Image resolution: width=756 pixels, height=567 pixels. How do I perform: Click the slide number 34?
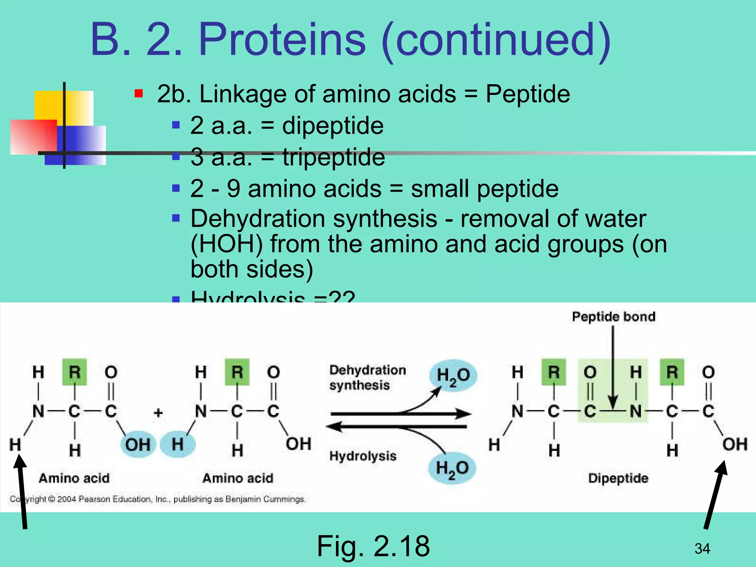tap(702, 549)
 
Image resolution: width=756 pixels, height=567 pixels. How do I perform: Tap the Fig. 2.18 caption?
tap(373, 546)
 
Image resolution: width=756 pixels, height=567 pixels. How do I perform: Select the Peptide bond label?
tap(614, 317)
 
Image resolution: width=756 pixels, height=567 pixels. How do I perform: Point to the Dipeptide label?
tap(618, 478)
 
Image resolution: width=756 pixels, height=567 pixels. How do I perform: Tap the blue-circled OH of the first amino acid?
tap(138, 444)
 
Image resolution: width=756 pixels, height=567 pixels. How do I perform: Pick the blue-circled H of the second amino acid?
tap(178, 444)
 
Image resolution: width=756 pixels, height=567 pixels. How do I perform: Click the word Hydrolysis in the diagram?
tap(362, 456)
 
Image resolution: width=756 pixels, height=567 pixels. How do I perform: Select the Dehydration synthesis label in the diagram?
tap(367, 377)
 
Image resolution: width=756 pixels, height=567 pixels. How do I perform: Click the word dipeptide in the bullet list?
tap(333, 126)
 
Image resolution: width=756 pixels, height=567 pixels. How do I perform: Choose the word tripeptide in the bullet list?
tap(334, 157)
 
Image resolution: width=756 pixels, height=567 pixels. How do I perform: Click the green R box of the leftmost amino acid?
tap(75, 372)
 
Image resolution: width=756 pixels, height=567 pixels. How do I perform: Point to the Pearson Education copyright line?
tap(158, 499)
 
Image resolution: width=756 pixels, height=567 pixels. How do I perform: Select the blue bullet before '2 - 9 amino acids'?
tap(176, 189)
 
